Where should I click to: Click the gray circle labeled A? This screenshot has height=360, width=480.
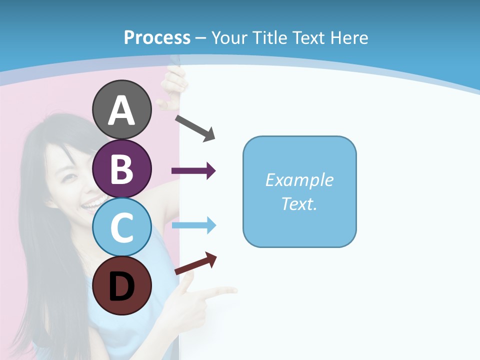(x=121, y=109)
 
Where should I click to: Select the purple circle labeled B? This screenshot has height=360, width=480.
(x=121, y=168)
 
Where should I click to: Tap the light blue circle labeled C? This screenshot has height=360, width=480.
(x=121, y=227)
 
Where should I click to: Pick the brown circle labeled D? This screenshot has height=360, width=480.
(x=121, y=285)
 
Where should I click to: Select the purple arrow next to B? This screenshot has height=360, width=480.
(x=193, y=171)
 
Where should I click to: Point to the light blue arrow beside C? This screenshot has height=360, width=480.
(x=193, y=225)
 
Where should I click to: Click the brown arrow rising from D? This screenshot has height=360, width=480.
(x=195, y=263)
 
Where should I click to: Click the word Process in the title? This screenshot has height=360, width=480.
(x=157, y=37)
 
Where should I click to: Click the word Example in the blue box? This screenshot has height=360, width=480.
(x=299, y=180)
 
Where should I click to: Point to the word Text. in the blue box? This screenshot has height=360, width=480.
(x=299, y=203)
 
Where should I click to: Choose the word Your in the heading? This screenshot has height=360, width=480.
(x=230, y=37)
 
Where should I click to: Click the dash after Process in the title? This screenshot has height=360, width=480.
(x=201, y=38)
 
